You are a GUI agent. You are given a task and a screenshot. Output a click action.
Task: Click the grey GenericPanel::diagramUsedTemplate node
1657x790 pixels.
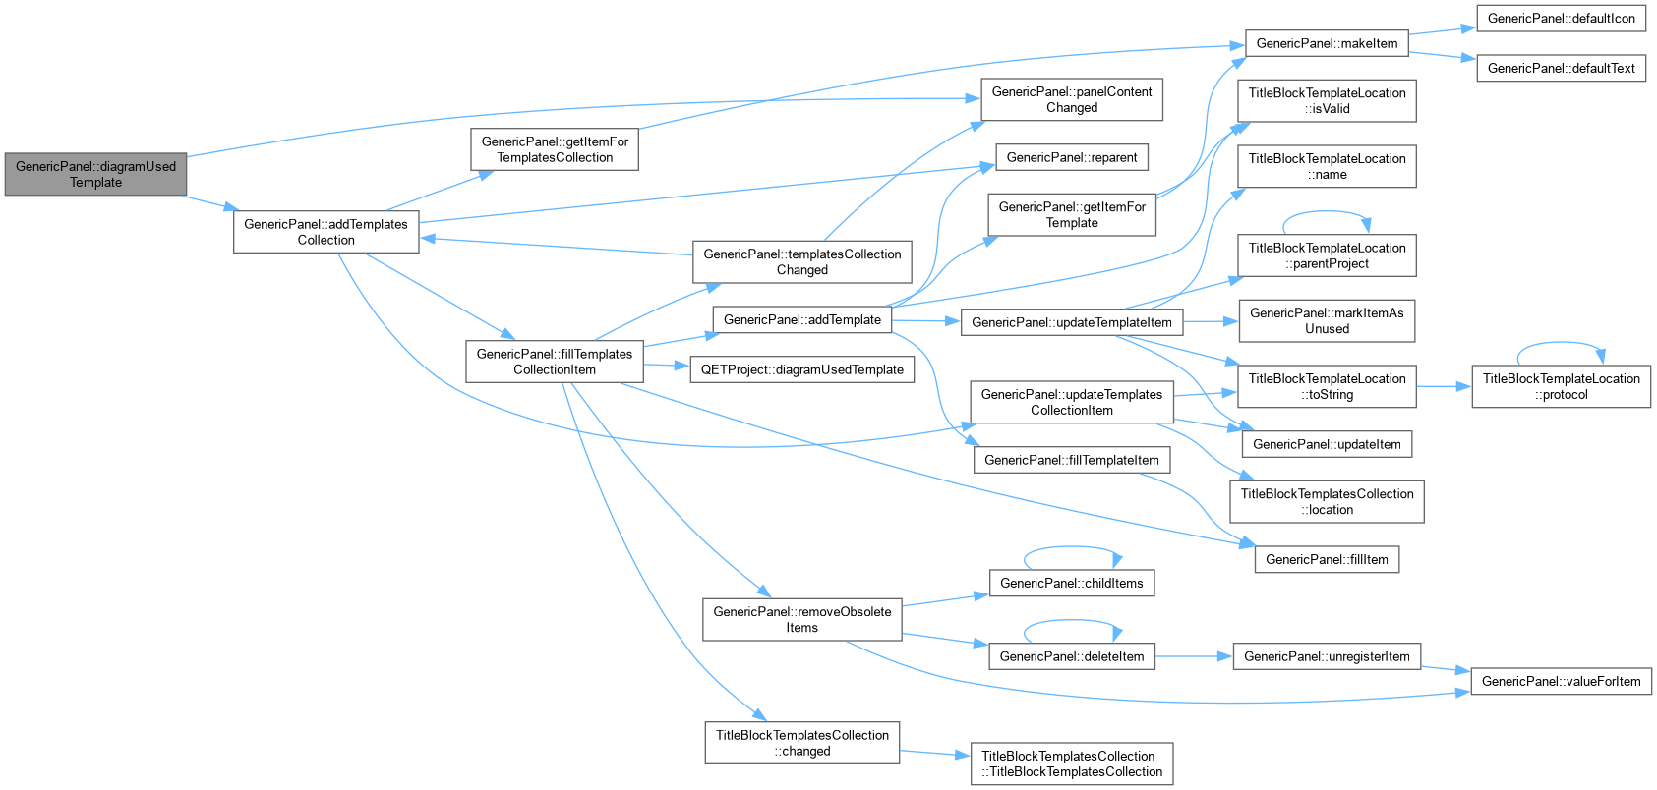(x=95, y=174)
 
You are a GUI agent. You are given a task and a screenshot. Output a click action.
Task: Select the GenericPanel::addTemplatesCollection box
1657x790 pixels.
(x=325, y=232)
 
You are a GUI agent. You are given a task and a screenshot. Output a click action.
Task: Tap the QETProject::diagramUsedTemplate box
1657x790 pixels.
(x=801, y=369)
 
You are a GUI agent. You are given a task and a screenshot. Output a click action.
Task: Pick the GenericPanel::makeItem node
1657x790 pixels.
(x=1327, y=43)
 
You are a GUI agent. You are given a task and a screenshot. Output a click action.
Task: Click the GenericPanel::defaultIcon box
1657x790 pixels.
(x=1561, y=19)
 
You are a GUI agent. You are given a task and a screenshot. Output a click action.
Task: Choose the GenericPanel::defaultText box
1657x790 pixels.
(x=1561, y=68)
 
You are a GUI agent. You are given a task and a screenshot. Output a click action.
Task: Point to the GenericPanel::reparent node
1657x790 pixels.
(x=1071, y=157)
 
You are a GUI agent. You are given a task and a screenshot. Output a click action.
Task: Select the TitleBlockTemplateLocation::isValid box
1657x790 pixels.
(x=1327, y=101)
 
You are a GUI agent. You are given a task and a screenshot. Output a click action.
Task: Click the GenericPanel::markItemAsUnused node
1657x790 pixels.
(x=1327, y=320)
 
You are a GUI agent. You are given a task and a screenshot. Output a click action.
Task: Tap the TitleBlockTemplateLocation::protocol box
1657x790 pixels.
(x=1561, y=386)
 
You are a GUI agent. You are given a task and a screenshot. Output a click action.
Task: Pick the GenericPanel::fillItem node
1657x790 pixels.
(x=1327, y=559)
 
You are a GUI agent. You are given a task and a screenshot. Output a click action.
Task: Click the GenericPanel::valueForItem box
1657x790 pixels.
(x=1561, y=681)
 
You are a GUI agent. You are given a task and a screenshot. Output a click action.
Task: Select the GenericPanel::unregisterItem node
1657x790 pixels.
(x=1327, y=656)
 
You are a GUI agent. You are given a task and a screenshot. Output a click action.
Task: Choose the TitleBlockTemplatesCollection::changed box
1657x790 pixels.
(x=801, y=743)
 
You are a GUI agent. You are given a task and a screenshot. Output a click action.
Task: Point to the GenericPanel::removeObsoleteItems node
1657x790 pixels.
(x=801, y=619)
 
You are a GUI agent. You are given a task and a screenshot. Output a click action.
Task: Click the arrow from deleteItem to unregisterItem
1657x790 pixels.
(x=1194, y=656)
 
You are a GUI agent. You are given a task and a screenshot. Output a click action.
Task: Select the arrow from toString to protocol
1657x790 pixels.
(x=1444, y=386)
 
